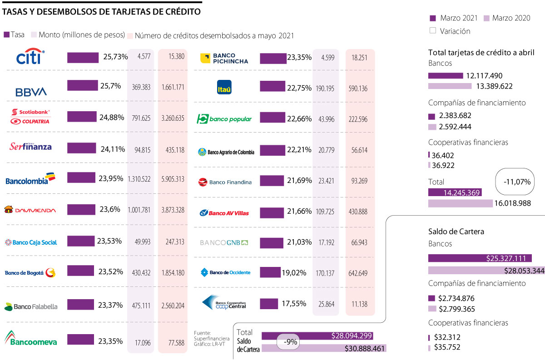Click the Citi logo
point(30,57)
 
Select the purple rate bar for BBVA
point(82,85)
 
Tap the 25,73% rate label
point(116,57)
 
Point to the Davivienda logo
point(30,210)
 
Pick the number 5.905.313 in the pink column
point(173,179)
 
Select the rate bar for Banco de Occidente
point(270,272)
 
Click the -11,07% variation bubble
point(517,182)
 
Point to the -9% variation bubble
point(290,342)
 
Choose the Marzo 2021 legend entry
point(454,18)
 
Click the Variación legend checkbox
point(432,31)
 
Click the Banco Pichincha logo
point(225,58)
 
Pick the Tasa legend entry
point(15,35)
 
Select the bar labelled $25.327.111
point(480,258)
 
